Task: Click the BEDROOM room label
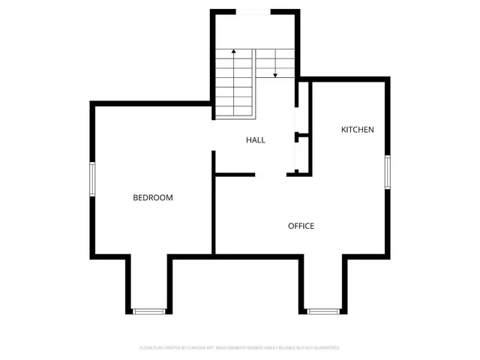tap(153, 198)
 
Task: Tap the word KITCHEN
tap(358, 130)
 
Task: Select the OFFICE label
tap(301, 226)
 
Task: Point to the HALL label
tap(256, 139)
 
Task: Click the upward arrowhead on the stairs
tap(235, 52)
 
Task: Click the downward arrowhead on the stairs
tap(275, 75)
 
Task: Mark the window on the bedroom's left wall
tap(92, 180)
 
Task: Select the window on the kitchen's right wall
tap(388, 172)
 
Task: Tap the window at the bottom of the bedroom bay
tap(148, 310)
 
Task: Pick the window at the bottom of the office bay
tap(323, 310)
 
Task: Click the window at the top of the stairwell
tap(254, 10)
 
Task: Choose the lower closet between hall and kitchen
tap(303, 155)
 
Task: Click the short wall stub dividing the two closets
tap(303, 136)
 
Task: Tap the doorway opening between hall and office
tap(271, 174)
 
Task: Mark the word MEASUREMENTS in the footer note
tap(235, 348)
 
